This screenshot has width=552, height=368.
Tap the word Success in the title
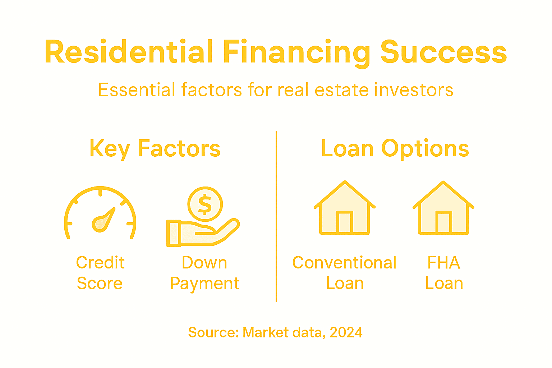click(x=443, y=52)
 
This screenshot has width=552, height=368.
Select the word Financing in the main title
click(x=296, y=53)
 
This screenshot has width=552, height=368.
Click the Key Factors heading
click(x=155, y=149)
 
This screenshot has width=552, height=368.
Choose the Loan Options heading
click(x=395, y=149)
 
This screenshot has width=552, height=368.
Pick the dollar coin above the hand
click(x=205, y=204)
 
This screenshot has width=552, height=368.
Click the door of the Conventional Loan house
click(x=344, y=222)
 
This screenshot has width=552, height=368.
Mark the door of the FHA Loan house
click(x=443, y=222)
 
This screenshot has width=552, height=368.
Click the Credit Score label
click(x=100, y=273)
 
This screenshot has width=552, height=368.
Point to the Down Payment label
click(x=204, y=273)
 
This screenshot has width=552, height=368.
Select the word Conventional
click(x=344, y=263)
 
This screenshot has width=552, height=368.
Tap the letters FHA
click(x=443, y=263)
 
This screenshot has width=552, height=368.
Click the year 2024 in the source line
click(x=346, y=332)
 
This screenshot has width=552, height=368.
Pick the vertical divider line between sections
click(x=276, y=216)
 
